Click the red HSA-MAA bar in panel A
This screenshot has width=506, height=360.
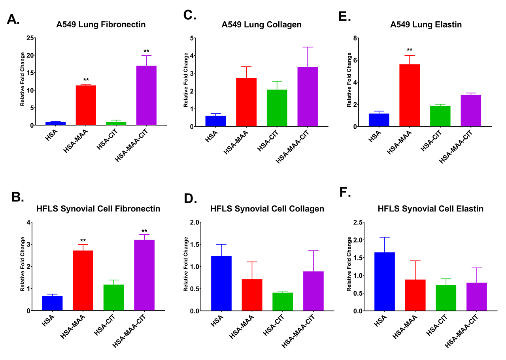(86, 106)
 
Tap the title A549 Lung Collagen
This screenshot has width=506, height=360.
(261, 25)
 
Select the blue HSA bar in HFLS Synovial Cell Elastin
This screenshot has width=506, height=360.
(385, 281)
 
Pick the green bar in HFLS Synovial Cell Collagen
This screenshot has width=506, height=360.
(283, 302)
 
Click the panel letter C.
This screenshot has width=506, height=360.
(190, 15)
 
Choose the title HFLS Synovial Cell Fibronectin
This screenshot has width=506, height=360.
(98, 209)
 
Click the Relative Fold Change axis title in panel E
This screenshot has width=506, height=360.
(349, 82)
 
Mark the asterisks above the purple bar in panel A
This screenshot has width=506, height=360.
(146, 51)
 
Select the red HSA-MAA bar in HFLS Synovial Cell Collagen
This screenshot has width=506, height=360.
(252, 295)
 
